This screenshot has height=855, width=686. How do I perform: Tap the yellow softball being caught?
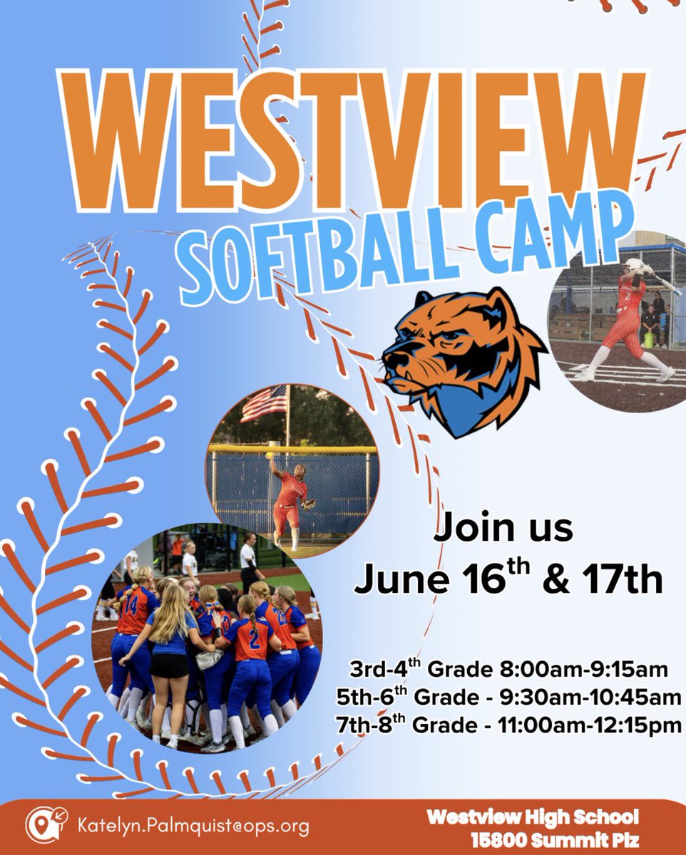[269, 455]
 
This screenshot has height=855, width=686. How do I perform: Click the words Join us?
[503, 528]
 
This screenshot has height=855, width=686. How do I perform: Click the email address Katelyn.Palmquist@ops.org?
[193, 826]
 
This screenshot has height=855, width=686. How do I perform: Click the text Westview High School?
[533, 817]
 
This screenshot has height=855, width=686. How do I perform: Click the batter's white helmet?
[632, 266]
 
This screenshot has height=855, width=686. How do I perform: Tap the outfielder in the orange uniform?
[290, 502]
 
